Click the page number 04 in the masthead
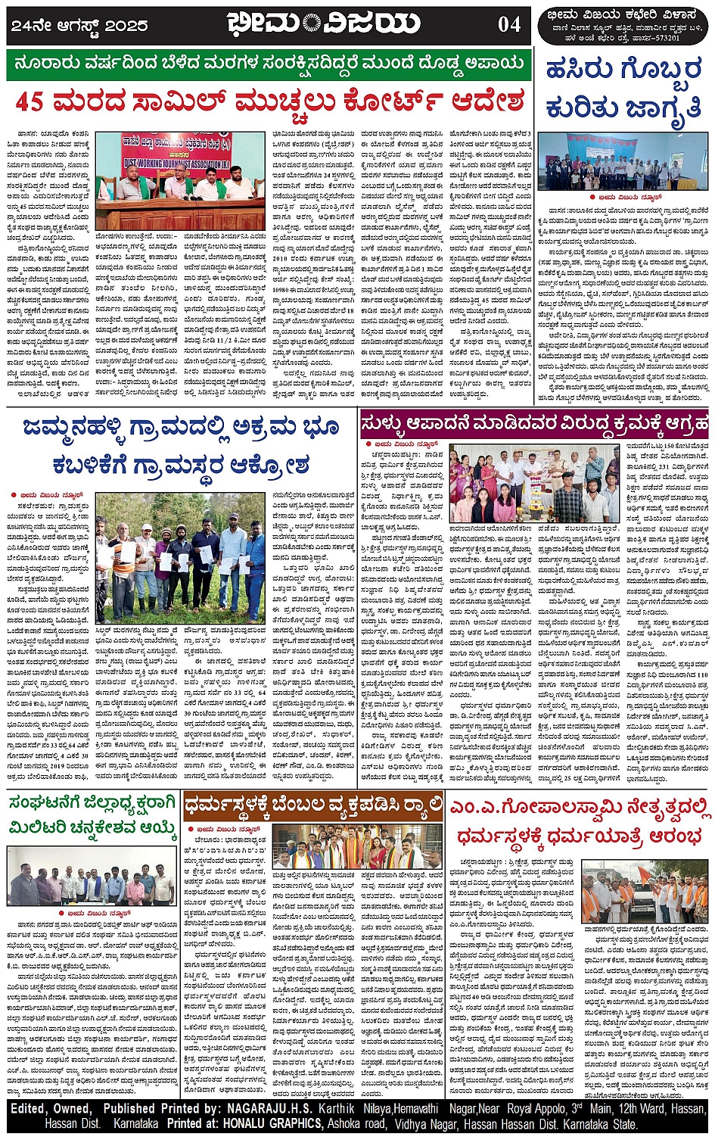coord(509,24)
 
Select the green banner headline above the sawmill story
coord(269,65)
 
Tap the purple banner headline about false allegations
coord(534,421)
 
